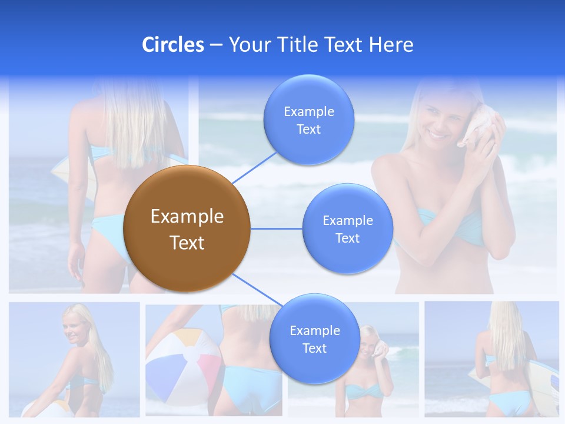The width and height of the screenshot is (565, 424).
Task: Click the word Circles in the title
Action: (x=173, y=45)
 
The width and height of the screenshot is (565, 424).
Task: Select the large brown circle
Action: (x=186, y=228)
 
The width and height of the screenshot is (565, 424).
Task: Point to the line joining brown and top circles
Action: (x=254, y=167)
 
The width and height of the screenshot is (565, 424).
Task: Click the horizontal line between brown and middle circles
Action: (x=277, y=228)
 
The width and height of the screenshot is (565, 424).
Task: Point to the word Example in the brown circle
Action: (x=187, y=217)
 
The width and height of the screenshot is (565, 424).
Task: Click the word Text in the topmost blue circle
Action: (x=308, y=130)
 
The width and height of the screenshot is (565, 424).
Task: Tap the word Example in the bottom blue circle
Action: (x=314, y=331)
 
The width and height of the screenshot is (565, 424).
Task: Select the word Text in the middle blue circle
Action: (x=347, y=238)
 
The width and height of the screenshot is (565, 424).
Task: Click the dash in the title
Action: (x=216, y=45)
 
